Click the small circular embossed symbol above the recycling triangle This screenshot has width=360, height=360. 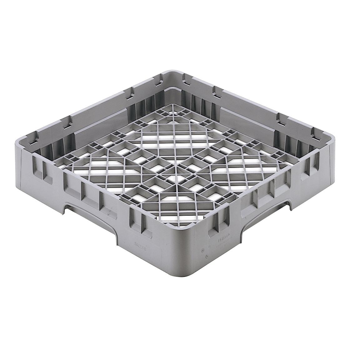click(203, 250)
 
